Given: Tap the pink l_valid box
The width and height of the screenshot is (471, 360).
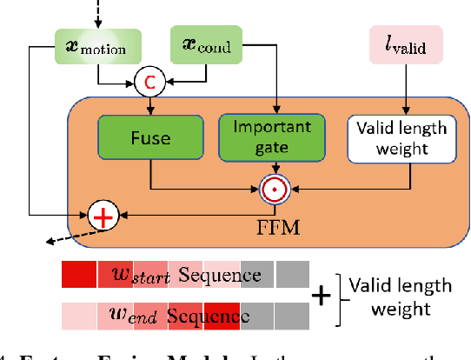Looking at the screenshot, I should click(x=404, y=43).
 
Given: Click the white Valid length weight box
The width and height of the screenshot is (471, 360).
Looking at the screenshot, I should click(x=403, y=137).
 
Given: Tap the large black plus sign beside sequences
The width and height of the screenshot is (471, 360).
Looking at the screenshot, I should click(x=321, y=297).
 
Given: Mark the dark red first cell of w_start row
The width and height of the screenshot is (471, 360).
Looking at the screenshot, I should click(x=78, y=276).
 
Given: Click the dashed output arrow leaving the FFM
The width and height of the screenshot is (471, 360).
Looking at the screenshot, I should click(x=56, y=237).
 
